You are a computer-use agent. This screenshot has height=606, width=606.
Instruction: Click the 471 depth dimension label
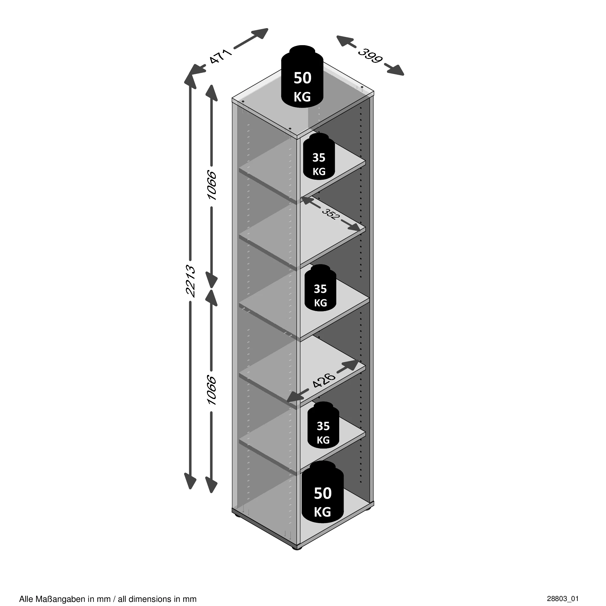(x=221, y=56)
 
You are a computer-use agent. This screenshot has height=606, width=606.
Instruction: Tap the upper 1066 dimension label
(x=212, y=186)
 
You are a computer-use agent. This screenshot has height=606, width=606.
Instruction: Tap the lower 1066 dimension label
(x=212, y=391)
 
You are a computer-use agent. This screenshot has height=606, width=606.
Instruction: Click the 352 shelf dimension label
(x=329, y=213)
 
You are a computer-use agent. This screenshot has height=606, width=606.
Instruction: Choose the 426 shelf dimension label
(x=324, y=381)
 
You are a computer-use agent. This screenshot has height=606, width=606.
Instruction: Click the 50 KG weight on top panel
(x=302, y=76)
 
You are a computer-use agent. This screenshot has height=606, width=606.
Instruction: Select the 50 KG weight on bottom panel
(x=322, y=497)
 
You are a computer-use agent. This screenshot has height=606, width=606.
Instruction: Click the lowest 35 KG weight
(x=323, y=425)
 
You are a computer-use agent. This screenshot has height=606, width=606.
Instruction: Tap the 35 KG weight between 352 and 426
(x=320, y=288)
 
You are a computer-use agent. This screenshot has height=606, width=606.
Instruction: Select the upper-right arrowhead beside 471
(x=259, y=33)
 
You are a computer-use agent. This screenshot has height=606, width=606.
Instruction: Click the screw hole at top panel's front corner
(x=290, y=128)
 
